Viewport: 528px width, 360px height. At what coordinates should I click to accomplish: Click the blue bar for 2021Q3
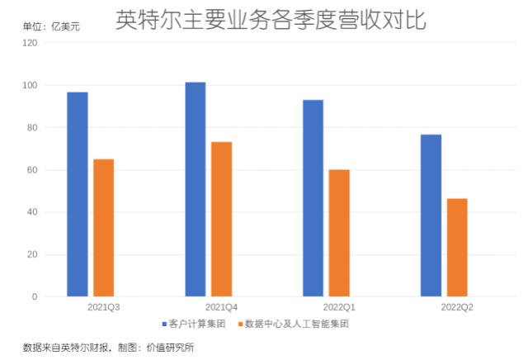pyautogui.click(x=78, y=195)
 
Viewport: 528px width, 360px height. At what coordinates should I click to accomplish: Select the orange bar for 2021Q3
pyautogui.click(x=104, y=228)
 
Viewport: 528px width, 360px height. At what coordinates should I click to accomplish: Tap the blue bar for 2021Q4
pyautogui.click(x=196, y=189)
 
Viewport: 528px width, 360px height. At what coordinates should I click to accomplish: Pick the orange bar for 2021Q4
pyautogui.click(x=222, y=220)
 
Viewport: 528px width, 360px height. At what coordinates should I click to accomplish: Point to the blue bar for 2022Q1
pyautogui.click(x=313, y=198)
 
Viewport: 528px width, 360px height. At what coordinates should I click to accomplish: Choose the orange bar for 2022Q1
pyautogui.click(x=339, y=234)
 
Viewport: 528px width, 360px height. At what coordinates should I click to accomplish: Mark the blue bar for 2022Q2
pyautogui.click(x=431, y=216)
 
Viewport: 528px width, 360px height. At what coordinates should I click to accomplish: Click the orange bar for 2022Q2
pyautogui.click(x=457, y=248)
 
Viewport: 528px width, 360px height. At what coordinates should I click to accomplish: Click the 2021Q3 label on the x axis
pyautogui.click(x=104, y=307)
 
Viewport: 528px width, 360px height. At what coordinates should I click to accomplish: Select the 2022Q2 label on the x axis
pyautogui.click(x=457, y=307)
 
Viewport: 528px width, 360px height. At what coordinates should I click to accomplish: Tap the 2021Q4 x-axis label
pyautogui.click(x=221, y=307)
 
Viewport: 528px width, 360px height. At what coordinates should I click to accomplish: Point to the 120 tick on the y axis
pyautogui.click(x=30, y=43)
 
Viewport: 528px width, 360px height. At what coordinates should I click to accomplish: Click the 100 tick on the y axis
pyautogui.click(x=30, y=85)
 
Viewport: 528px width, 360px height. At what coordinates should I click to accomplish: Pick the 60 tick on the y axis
pyautogui.click(x=32, y=170)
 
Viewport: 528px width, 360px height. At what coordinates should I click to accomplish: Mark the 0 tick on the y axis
pyautogui.click(x=35, y=296)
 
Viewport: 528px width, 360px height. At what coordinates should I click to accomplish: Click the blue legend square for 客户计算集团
pyautogui.click(x=165, y=324)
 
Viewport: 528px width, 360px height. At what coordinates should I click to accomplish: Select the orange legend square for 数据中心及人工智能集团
pyautogui.click(x=240, y=324)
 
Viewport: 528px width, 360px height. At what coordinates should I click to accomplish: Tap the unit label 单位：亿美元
pyautogui.click(x=51, y=26)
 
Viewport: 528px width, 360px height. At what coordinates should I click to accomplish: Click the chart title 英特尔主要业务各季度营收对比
pyautogui.click(x=271, y=20)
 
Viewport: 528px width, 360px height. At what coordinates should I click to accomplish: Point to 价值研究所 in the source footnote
pyautogui.click(x=170, y=348)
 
